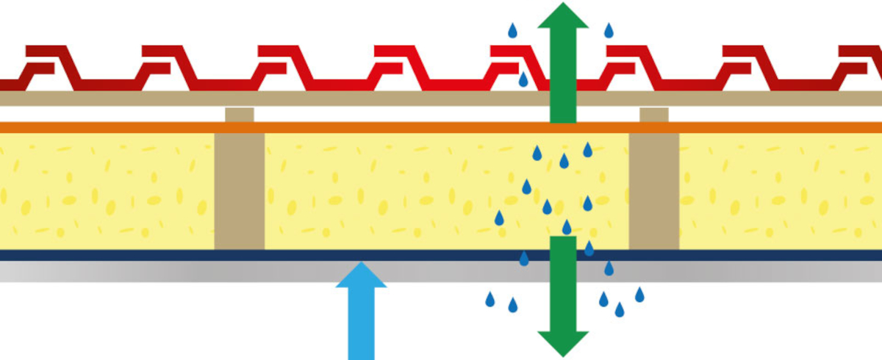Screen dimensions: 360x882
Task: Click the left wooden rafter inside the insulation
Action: (240, 191)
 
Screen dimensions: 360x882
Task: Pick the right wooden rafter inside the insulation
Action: (653, 191)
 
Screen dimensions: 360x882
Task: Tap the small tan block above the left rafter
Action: (240, 115)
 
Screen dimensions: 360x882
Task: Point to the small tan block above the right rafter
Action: (653, 115)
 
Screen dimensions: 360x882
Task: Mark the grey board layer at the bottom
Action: (220, 271)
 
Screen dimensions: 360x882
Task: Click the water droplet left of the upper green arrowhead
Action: (513, 31)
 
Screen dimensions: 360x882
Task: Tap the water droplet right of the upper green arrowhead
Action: (609, 31)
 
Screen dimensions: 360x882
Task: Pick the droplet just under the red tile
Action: (523, 79)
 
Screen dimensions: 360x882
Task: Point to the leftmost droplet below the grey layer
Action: (490, 299)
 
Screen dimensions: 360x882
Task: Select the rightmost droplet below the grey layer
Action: (639, 295)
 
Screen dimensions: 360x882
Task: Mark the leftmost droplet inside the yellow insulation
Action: (499, 218)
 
